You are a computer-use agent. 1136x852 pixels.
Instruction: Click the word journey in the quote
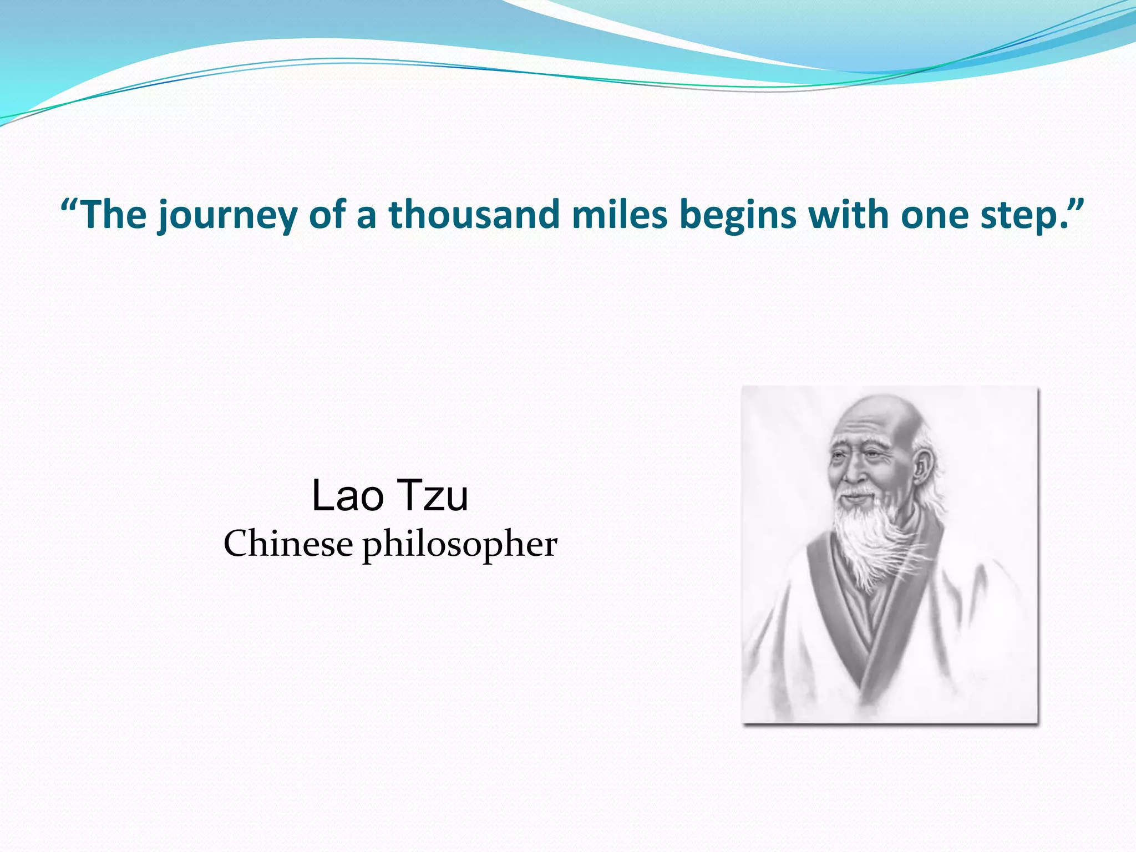[x=227, y=216]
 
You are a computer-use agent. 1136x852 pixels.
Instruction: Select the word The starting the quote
[x=115, y=215]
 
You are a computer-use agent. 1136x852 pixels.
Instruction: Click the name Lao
[x=348, y=495]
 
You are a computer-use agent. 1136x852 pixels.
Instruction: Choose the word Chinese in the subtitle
[x=288, y=544]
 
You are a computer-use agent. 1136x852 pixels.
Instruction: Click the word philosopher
[x=460, y=545]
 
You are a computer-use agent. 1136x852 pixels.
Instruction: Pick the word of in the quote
[x=326, y=215]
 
